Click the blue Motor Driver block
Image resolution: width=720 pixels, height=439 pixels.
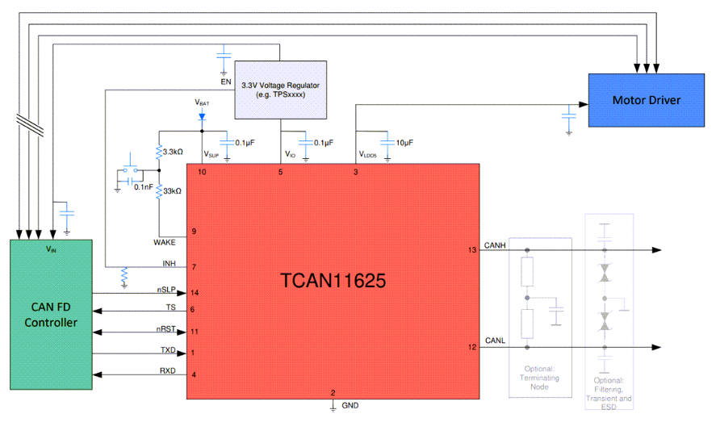tap(646, 100)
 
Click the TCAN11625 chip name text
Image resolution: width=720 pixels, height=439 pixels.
tap(333, 281)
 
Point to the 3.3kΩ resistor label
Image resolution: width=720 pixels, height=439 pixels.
tap(172, 152)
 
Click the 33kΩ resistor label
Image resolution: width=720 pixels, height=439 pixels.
tap(172, 191)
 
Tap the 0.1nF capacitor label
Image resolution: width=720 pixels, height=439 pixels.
tap(144, 186)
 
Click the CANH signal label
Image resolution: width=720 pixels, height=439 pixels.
tap(495, 244)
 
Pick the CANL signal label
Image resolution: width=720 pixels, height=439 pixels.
tap(495, 341)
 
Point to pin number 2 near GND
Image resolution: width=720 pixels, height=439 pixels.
tap(333, 393)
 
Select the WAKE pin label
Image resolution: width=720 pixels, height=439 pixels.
tap(165, 241)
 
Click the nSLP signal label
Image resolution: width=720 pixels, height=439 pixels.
tap(167, 287)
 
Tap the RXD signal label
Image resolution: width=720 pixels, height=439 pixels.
tap(168, 370)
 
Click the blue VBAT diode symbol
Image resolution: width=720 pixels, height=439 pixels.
tap(202, 116)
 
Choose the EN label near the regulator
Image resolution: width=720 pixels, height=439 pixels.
tap(225, 82)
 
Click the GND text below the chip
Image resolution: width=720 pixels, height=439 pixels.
tap(350, 405)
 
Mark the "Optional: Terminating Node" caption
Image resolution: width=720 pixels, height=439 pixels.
tap(540, 378)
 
